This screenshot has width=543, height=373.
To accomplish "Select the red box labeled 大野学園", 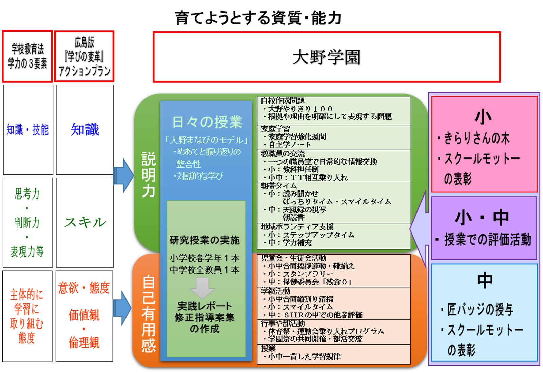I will [x=326, y=57].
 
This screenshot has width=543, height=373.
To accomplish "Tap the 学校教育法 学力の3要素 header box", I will [x=27, y=56].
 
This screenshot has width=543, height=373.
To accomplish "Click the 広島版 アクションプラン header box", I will [x=84, y=56].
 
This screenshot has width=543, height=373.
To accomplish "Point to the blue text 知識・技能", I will [x=28, y=130].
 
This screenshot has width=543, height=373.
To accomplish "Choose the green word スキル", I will [x=85, y=222].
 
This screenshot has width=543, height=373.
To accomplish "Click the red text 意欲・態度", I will [x=84, y=288].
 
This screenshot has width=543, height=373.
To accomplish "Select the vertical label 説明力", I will [x=149, y=175].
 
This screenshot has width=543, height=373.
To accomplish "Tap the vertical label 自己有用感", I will [x=148, y=314].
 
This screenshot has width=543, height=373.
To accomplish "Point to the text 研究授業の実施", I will [x=205, y=240].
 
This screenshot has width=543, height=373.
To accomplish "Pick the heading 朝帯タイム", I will [x=279, y=186].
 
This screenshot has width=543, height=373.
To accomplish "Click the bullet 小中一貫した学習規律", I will [x=304, y=356].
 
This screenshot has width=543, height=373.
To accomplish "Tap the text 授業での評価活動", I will [x=487, y=240].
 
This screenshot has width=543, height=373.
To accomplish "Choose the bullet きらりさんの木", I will [x=477, y=138].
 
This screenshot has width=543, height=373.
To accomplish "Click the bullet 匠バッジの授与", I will [x=480, y=309].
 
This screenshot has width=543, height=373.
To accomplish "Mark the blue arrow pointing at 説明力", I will [x=123, y=175].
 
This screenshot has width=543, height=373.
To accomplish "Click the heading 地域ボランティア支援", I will [x=297, y=227].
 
